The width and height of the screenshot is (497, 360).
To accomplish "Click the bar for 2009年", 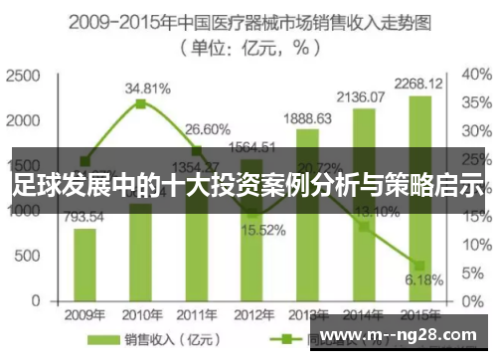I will pos(85,264).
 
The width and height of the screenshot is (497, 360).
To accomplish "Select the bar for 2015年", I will pos(420,239).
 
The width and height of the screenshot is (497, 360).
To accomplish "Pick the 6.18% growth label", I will pos(421,280).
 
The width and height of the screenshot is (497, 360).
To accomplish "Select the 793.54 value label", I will pos(85,216).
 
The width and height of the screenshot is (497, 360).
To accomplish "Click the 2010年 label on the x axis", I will pos(141,315).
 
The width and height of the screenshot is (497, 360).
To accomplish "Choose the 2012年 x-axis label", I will pos(252,315).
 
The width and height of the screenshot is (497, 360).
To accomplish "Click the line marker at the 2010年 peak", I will pos(141,103).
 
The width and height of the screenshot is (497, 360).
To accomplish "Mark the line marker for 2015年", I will pos(420,266).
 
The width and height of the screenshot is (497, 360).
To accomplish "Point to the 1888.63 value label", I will pos(308,117).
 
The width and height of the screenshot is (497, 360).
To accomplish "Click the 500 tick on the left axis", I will pos(27,255).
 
